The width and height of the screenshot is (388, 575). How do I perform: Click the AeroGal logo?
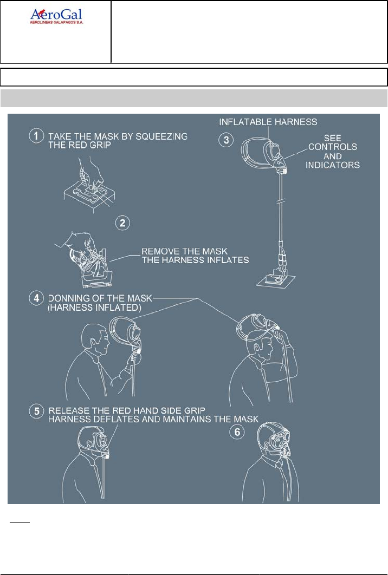click(x=57, y=17)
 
